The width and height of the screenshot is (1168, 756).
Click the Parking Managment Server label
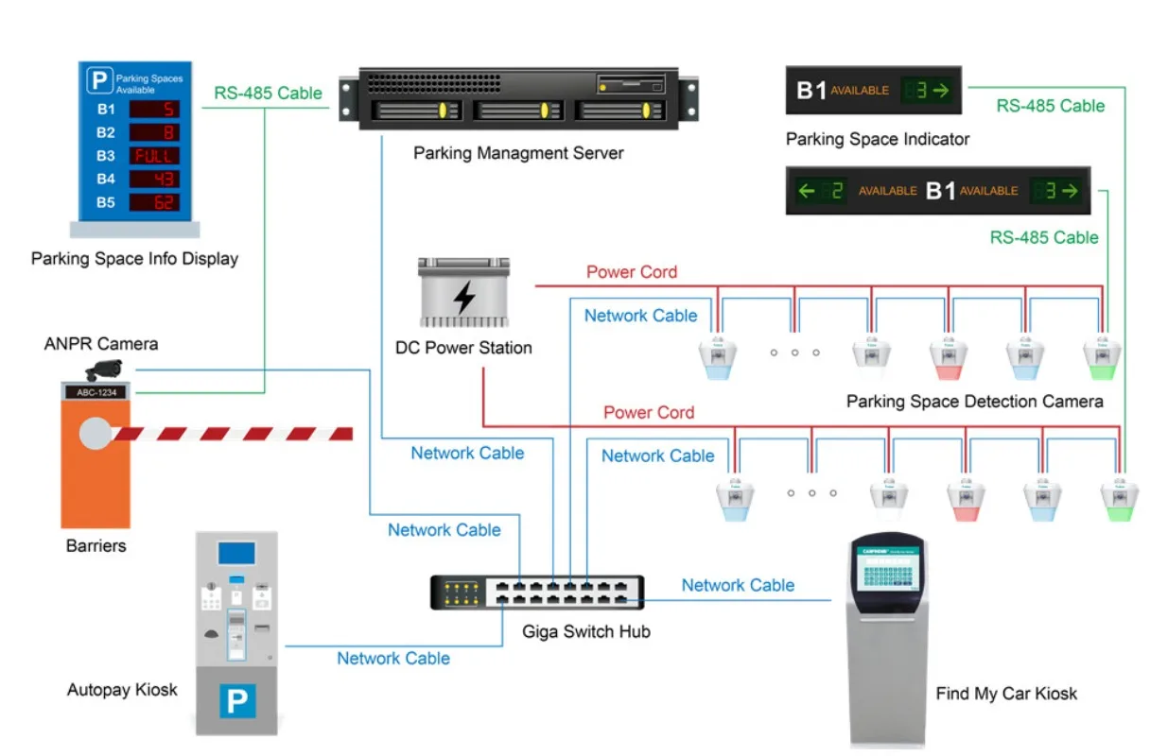[x=518, y=152]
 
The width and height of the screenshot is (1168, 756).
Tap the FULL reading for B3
[x=153, y=156]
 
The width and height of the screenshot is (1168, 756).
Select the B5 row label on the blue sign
[x=105, y=202]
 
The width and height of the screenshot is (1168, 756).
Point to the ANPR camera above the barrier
[x=104, y=369]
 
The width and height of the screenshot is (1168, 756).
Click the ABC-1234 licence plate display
[x=96, y=391]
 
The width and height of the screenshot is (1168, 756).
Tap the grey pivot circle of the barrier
[x=96, y=434]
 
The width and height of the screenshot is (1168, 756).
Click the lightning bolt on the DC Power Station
[x=464, y=297]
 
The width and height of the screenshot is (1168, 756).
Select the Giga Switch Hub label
[x=586, y=631]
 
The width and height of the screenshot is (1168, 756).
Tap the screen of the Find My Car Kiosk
[x=888, y=574]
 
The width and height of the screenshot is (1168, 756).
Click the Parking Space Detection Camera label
[x=974, y=402]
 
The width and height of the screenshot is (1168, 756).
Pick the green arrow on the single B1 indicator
[x=941, y=91]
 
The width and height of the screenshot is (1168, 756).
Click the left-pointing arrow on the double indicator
[x=807, y=191]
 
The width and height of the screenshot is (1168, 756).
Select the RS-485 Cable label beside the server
[x=268, y=94]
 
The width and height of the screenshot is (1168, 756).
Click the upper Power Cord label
[x=632, y=272]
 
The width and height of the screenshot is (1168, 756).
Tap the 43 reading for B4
[x=153, y=179]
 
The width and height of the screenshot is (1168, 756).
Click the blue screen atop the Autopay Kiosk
[x=236, y=553]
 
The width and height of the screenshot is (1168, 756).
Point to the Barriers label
[x=96, y=545]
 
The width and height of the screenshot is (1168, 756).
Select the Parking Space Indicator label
[x=878, y=139]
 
